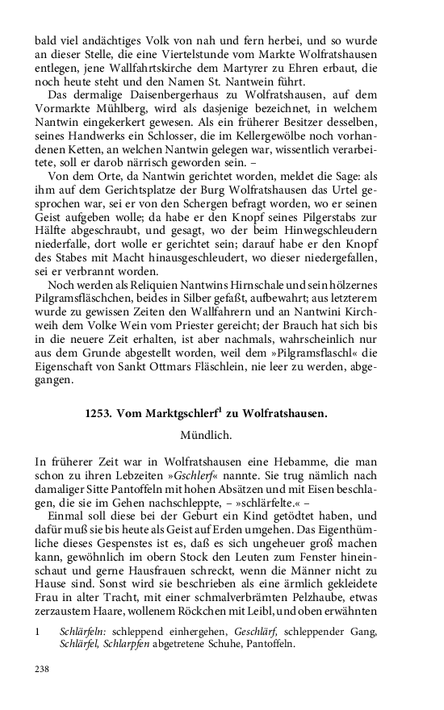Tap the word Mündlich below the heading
206,436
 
